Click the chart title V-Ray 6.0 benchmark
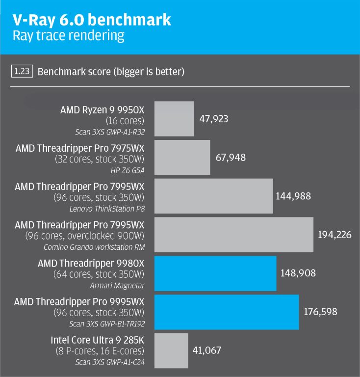tap(92, 20)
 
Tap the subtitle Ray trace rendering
tap(68, 36)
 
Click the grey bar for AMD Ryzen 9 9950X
tap(174, 118)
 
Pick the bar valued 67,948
tap(182, 157)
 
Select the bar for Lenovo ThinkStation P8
tap(214, 196)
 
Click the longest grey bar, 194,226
tap(234, 234)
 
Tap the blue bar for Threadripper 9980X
tap(215, 273)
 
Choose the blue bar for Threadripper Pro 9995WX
tap(227, 312)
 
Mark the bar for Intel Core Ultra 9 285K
tap(171, 350)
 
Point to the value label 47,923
tap(214, 119)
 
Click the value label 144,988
tap(293, 196)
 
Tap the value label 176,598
tap(319, 312)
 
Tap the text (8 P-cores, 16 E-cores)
tap(99, 350)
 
